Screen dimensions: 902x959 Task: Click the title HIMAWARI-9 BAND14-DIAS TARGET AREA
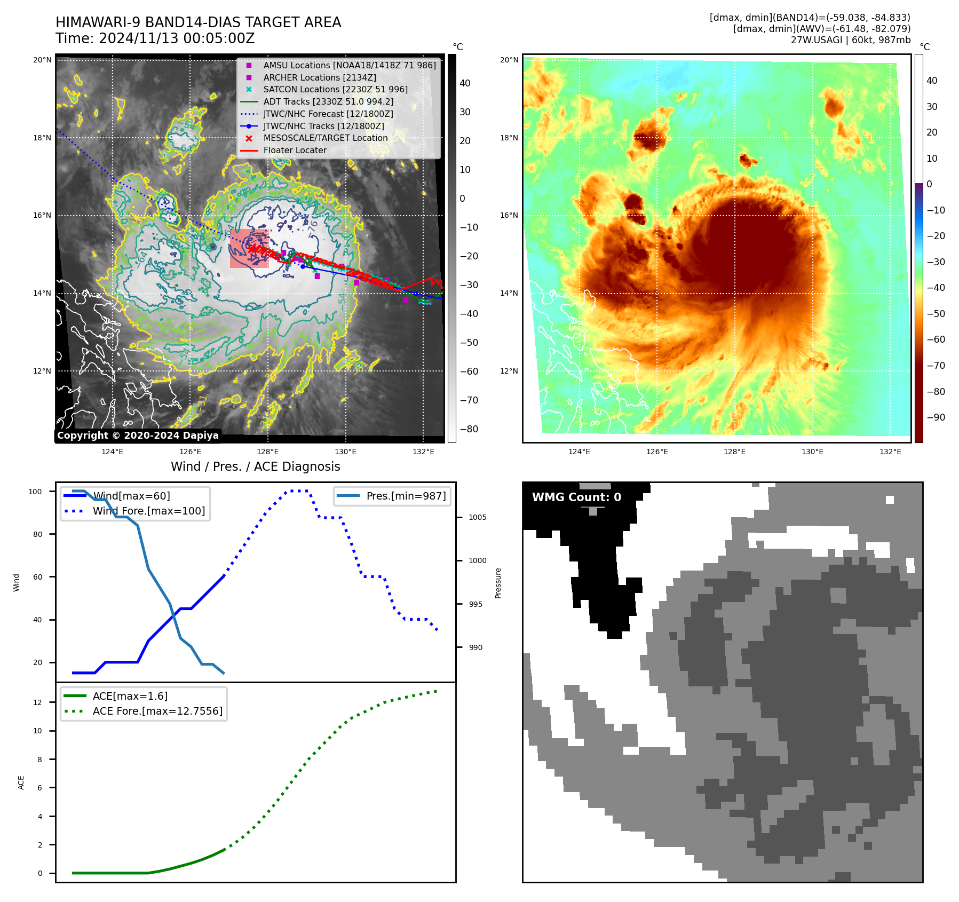click(x=198, y=23)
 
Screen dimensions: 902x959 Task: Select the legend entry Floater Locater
click(x=295, y=151)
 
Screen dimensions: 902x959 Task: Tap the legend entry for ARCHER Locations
click(x=319, y=77)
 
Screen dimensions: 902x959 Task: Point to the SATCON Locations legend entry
click(x=335, y=90)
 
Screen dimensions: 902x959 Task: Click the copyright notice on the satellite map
click(x=138, y=436)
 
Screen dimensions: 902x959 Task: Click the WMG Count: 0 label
click(x=576, y=497)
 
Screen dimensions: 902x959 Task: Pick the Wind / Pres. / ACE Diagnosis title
click(x=255, y=466)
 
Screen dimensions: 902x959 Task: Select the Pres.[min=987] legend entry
click(x=406, y=496)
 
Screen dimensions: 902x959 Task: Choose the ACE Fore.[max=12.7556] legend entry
click(x=157, y=711)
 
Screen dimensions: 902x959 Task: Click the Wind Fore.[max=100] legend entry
click(x=148, y=511)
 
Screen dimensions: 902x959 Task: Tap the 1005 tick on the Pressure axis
click(x=477, y=517)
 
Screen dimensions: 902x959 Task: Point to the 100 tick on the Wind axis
click(x=35, y=492)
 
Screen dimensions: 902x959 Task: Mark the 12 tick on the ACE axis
click(x=37, y=702)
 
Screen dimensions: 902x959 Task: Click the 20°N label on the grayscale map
click(x=42, y=60)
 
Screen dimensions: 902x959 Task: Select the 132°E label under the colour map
click(x=890, y=452)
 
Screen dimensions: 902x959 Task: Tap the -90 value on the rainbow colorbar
click(x=936, y=417)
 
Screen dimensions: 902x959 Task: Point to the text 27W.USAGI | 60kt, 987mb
click(x=850, y=40)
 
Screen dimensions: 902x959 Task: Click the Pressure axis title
click(x=498, y=583)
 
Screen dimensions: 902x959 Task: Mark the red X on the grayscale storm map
click(x=251, y=249)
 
